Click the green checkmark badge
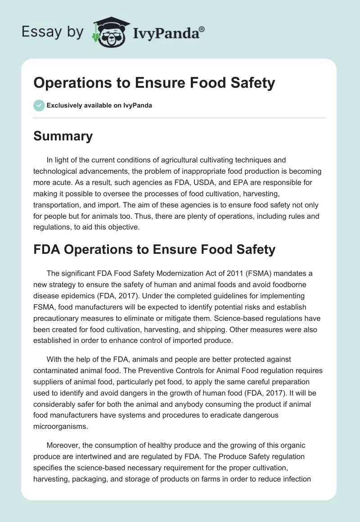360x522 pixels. pos(39,105)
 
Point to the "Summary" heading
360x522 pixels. pos(63,136)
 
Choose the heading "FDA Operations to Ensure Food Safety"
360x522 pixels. pos(154,249)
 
